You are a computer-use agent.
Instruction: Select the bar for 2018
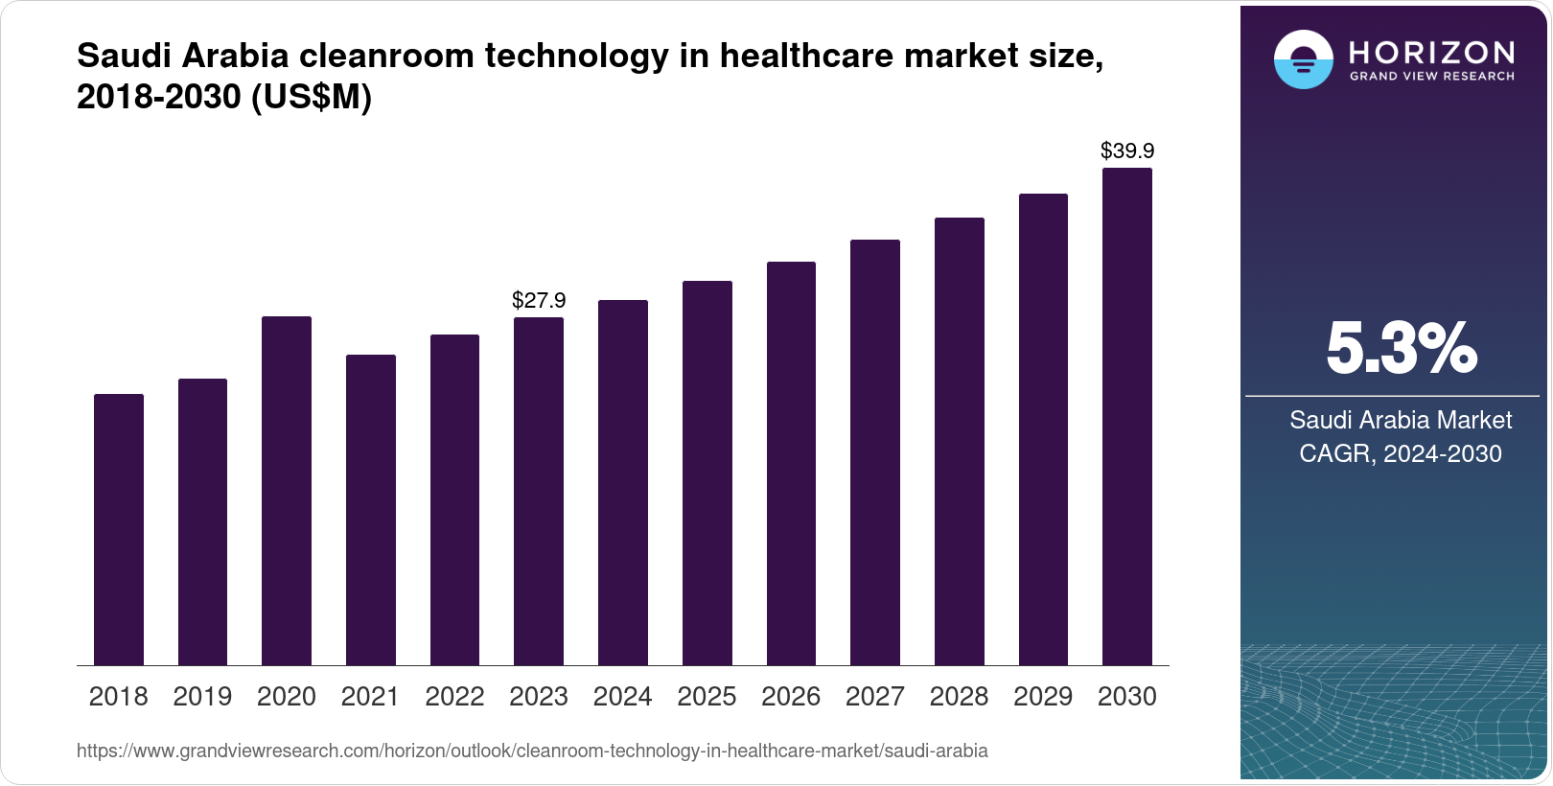[119, 529]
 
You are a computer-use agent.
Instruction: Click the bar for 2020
[287, 491]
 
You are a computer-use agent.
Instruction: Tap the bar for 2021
[371, 510]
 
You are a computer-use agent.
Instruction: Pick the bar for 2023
[539, 491]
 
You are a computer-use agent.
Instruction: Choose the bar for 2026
[791, 463]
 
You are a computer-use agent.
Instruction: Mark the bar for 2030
[1127, 417]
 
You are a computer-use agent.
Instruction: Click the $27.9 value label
[539, 301]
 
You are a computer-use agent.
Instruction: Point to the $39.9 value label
[1127, 151]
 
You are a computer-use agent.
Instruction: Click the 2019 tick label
[202, 697]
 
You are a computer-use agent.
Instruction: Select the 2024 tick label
[622, 697]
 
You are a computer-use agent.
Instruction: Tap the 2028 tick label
[959, 697]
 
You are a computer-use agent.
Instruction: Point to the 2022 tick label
[454, 697]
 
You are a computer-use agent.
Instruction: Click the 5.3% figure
[1401, 349]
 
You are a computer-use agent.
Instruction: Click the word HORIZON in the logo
[1431, 52]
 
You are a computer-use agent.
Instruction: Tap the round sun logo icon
[1303, 59]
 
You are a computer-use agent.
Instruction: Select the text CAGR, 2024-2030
[1401, 453]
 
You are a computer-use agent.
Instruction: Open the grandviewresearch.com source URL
[532, 751]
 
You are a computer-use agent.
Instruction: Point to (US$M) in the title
[311, 98]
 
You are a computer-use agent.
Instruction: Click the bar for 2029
[1043, 429]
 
